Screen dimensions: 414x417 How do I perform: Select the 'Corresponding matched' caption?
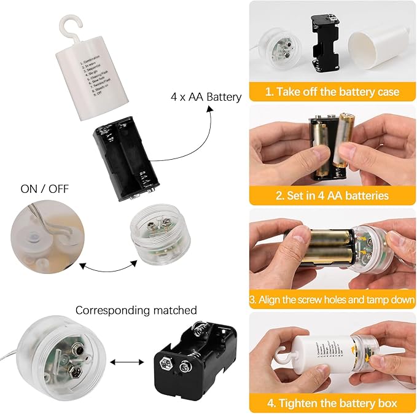136,310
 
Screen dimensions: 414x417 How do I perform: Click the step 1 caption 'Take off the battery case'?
332,92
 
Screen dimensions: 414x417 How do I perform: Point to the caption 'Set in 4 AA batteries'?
332,195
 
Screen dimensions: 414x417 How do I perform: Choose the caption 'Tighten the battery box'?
332,403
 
